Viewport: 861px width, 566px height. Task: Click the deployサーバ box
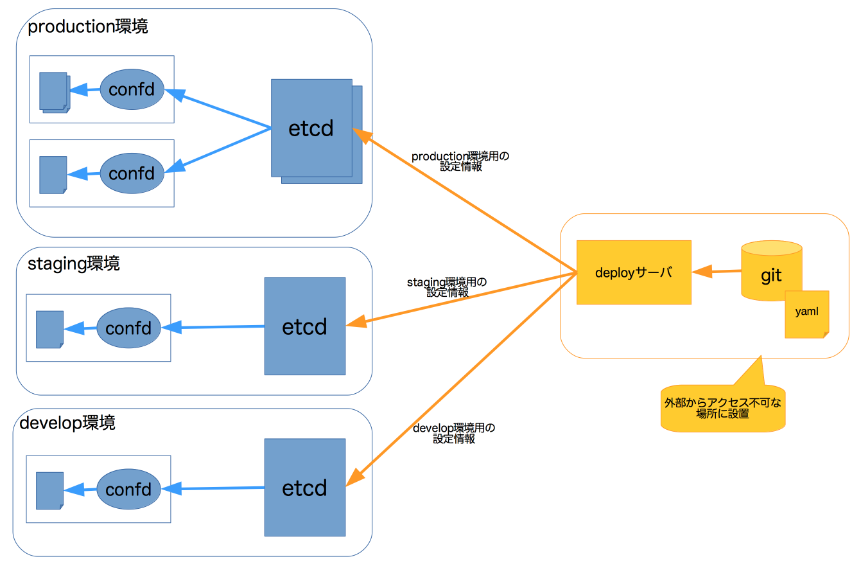tap(634, 272)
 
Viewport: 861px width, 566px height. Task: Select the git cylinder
tap(771, 270)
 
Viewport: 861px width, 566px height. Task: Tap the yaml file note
tap(806, 314)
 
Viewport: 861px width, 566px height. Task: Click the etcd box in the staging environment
tap(305, 326)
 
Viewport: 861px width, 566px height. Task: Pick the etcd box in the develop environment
tap(305, 488)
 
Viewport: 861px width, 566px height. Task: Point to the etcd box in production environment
tap(311, 128)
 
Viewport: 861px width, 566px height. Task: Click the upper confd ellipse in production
tap(132, 89)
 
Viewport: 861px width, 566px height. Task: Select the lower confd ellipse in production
tap(132, 173)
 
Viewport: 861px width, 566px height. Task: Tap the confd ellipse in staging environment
tap(128, 328)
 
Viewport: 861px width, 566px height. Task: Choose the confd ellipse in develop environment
tap(128, 490)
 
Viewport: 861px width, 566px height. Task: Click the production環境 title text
tap(88, 27)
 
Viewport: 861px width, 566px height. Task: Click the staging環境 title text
tap(74, 263)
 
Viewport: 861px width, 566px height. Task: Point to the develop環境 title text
tap(67, 423)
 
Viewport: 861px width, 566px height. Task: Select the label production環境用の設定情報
tap(460, 161)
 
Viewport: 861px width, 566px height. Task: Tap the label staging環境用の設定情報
tap(447, 287)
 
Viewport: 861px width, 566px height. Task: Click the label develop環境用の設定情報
tap(454, 434)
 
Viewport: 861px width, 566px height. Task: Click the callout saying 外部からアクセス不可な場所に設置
tap(723, 408)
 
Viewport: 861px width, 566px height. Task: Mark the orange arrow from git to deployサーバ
tap(717, 272)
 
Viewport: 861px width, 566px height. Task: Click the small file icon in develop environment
tap(49, 491)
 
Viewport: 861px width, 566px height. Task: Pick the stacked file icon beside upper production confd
tap(54, 92)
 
